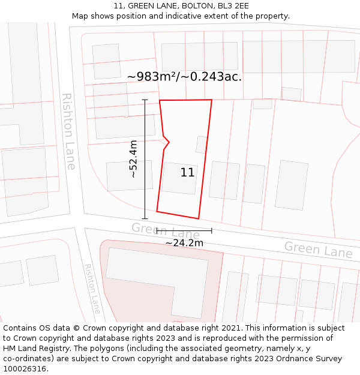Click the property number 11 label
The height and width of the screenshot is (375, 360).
187,172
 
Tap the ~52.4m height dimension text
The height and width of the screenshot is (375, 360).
133,159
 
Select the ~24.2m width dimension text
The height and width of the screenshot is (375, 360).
184,243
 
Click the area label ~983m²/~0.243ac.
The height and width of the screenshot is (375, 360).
184,76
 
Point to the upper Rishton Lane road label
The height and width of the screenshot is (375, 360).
69,131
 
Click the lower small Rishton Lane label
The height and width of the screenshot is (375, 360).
92,289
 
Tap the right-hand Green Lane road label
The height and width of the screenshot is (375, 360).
317,249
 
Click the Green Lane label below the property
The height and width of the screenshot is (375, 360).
165,230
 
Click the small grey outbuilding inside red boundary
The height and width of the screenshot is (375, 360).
202,145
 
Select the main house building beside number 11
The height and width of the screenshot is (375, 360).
179,178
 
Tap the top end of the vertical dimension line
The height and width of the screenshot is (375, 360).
145,100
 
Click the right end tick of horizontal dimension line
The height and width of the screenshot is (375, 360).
211,230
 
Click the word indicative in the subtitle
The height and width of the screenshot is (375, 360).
199,16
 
